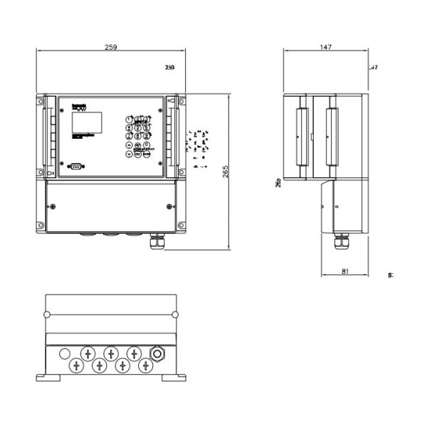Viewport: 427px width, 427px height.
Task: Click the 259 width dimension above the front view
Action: pyautogui.click(x=110, y=47)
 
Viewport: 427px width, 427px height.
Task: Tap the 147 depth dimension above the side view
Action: pyautogui.click(x=325, y=47)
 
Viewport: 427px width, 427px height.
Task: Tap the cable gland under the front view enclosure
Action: pyautogui.click(x=154, y=242)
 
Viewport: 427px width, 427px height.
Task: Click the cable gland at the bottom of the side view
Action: pyautogui.click(x=339, y=243)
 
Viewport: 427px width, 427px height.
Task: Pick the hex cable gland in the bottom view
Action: pyautogui.click(x=157, y=353)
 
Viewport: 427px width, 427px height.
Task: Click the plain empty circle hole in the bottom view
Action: pyautogui.click(x=65, y=353)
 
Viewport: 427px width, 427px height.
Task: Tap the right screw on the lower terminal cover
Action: pyautogui.click(x=169, y=206)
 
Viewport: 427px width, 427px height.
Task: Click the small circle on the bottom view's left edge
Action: pyautogui.click(x=46, y=315)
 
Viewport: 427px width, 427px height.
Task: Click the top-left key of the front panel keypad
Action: pyautogui.click(x=129, y=119)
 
